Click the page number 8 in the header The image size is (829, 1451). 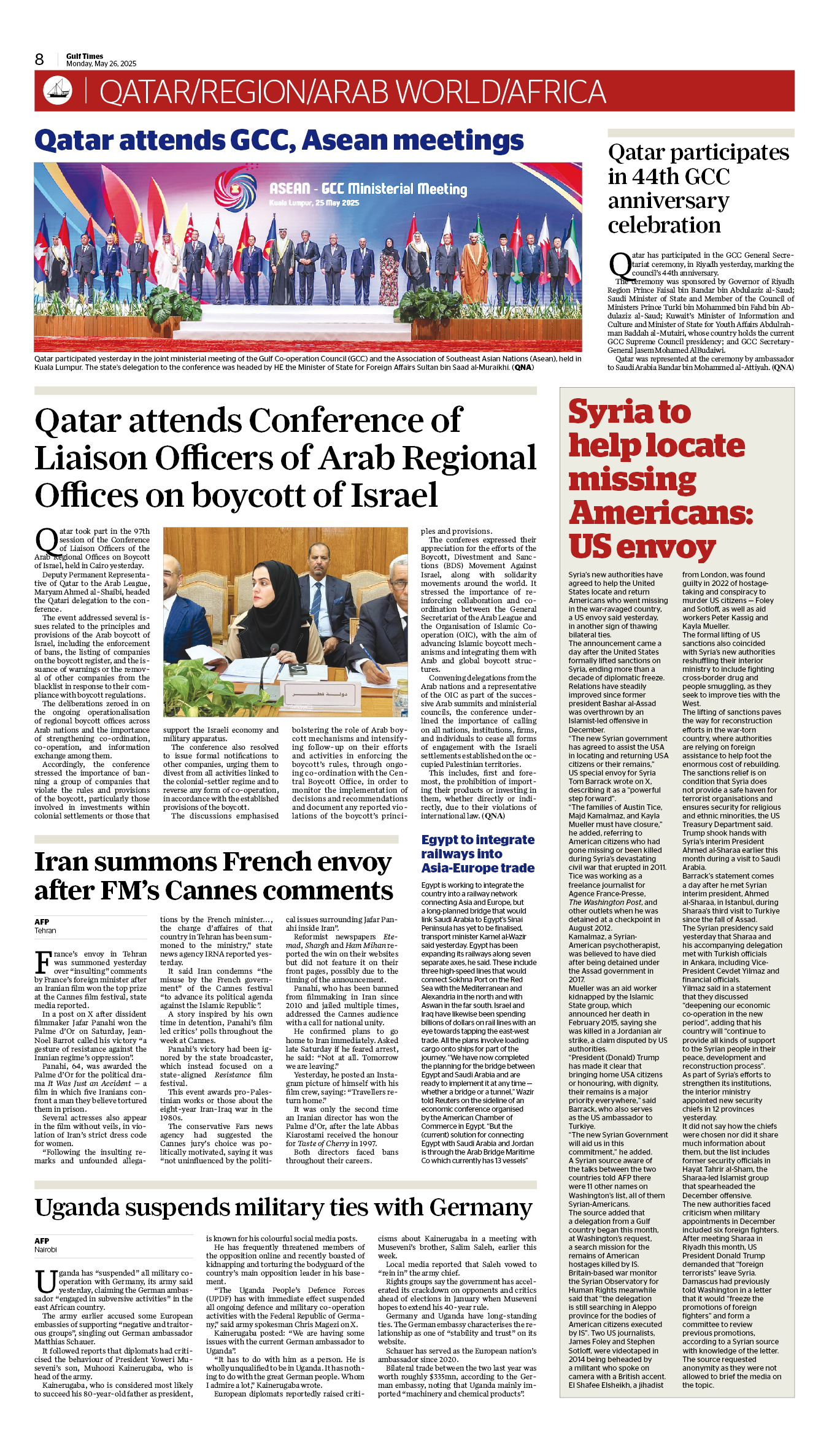point(39,60)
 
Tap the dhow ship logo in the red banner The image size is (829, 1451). point(58,90)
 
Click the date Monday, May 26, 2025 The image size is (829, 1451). point(101,64)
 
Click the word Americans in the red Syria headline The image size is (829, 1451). point(660,513)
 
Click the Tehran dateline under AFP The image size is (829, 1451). point(45,931)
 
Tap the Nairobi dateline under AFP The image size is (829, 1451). point(46,1250)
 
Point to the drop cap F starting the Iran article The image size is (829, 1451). point(42,962)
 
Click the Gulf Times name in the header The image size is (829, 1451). point(85,56)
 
